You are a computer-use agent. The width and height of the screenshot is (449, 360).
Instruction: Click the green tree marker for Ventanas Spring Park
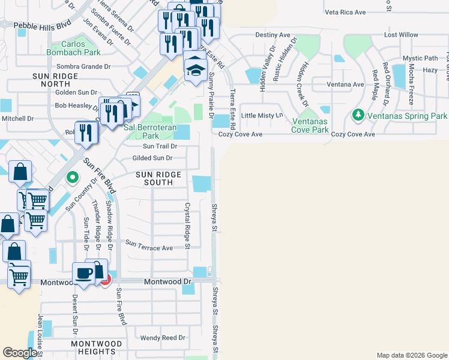358,114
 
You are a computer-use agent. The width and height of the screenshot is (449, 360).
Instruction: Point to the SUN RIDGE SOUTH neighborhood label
158,178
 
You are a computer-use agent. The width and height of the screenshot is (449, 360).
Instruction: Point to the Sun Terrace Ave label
149,248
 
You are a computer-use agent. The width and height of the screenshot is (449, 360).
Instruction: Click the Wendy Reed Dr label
162,338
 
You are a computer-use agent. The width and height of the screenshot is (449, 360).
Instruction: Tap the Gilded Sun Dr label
152,158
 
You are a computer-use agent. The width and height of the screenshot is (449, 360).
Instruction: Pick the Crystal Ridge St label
187,226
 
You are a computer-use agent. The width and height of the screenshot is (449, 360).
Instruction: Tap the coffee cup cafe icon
83,274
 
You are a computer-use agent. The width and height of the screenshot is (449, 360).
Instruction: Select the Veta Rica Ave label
345,12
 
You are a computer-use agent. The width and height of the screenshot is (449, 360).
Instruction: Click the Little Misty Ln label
261,115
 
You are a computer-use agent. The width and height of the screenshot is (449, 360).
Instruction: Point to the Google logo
20,353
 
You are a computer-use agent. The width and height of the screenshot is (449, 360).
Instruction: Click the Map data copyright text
411,355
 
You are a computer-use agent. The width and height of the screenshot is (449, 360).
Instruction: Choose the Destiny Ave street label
274,35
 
